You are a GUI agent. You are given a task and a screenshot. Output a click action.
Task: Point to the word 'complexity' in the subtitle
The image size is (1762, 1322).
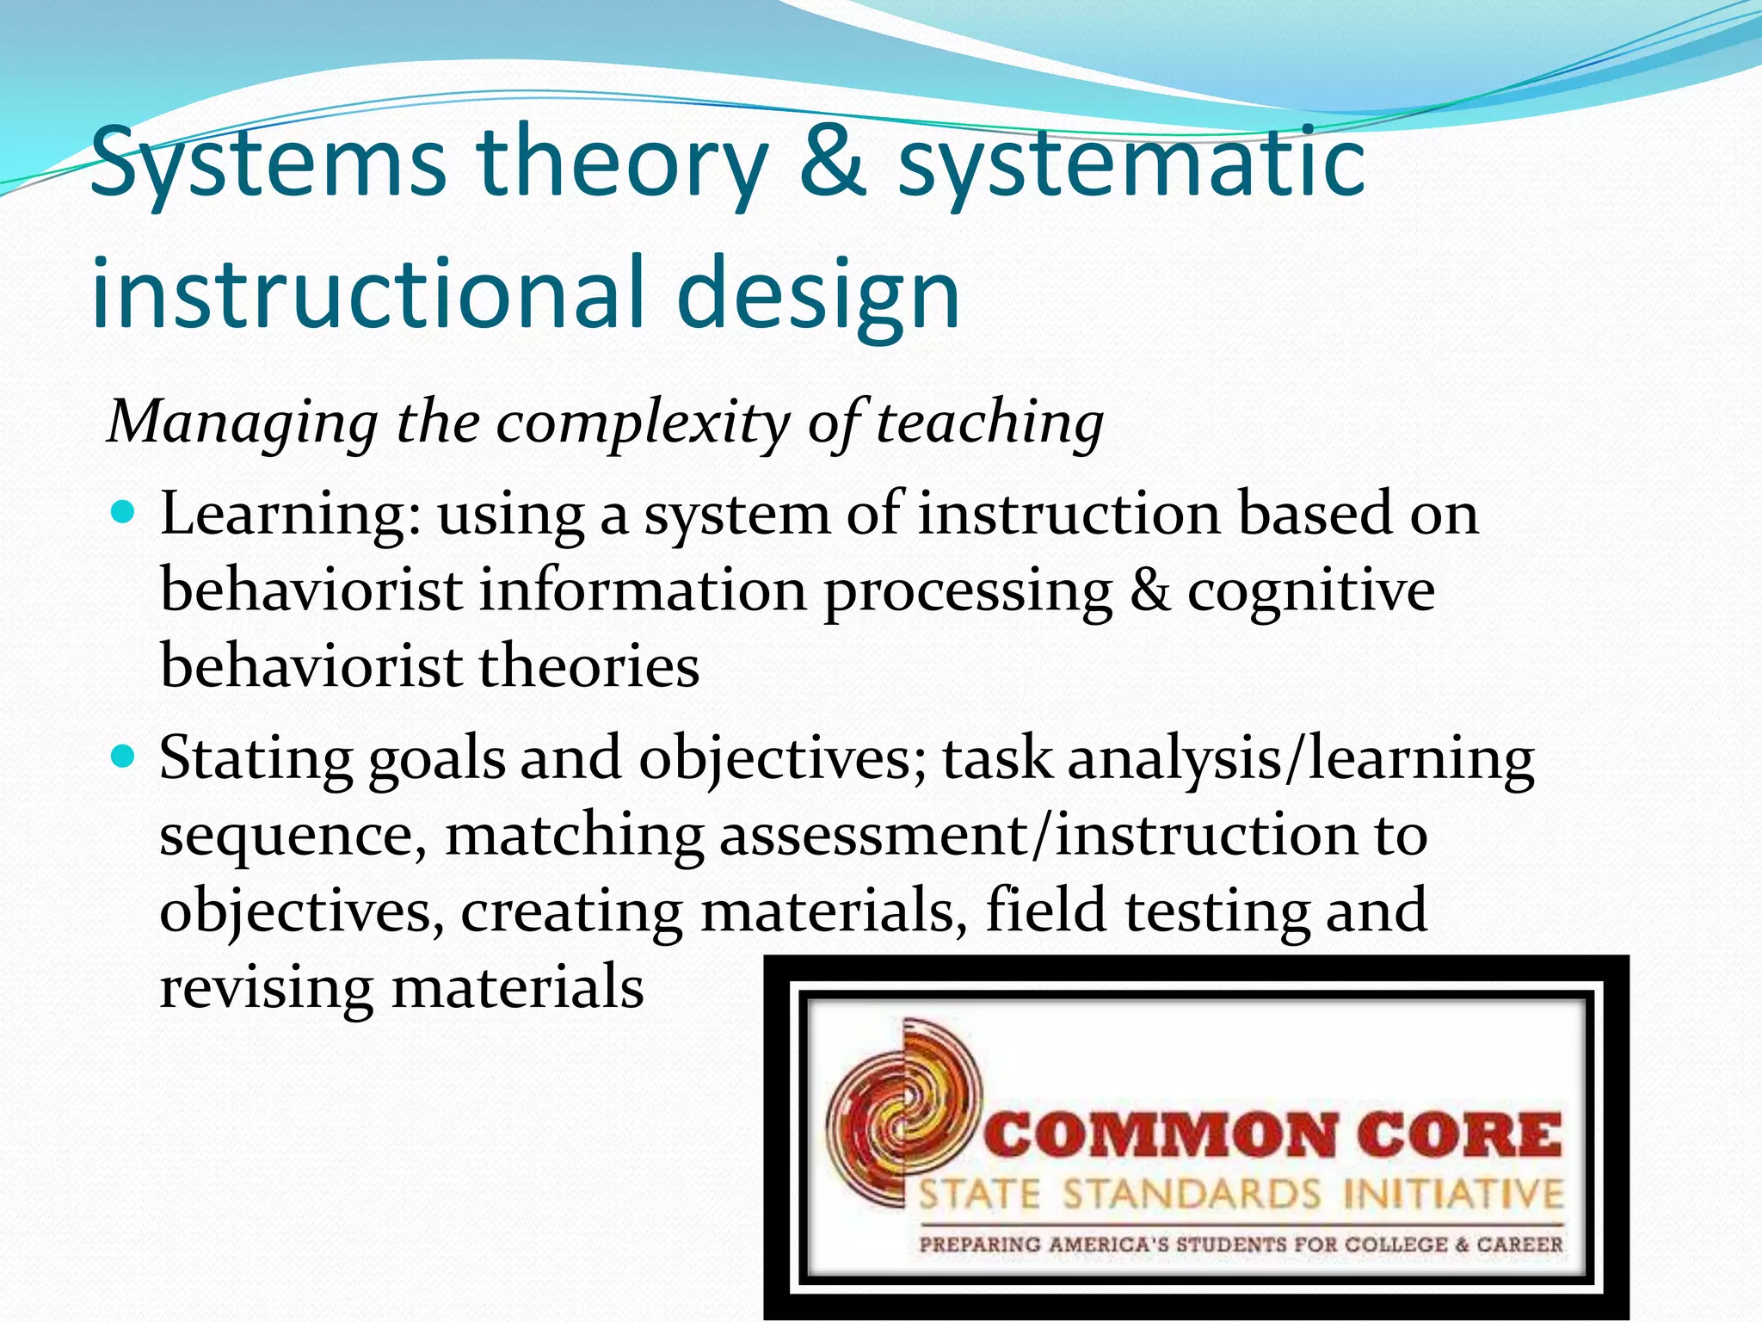pyautogui.click(x=642, y=423)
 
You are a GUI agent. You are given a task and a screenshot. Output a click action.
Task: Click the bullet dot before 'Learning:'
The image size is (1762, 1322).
pyautogui.click(x=124, y=514)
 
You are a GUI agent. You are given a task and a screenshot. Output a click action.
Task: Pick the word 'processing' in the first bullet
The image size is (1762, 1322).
pyautogui.click(x=968, y=592)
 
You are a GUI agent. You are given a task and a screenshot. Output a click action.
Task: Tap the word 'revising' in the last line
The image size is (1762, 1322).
pyautogui.click(x=266, y=987)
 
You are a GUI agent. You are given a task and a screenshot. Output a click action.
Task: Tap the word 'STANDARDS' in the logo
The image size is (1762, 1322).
pyautogui.click(x=1192, y=1195)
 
